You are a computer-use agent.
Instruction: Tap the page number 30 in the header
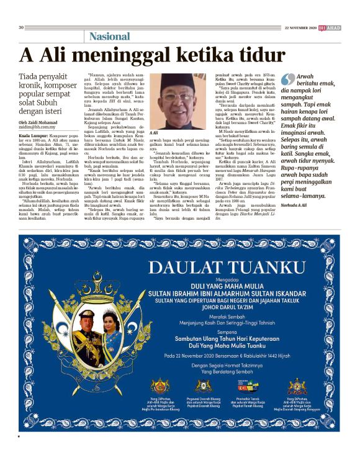pyautogui.click(x=21, y=27)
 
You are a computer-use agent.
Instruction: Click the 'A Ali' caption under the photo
pyautogui.click(x=154, y=133)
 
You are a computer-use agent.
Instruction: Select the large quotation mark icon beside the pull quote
pyautogui.click(x=287, y=80)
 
